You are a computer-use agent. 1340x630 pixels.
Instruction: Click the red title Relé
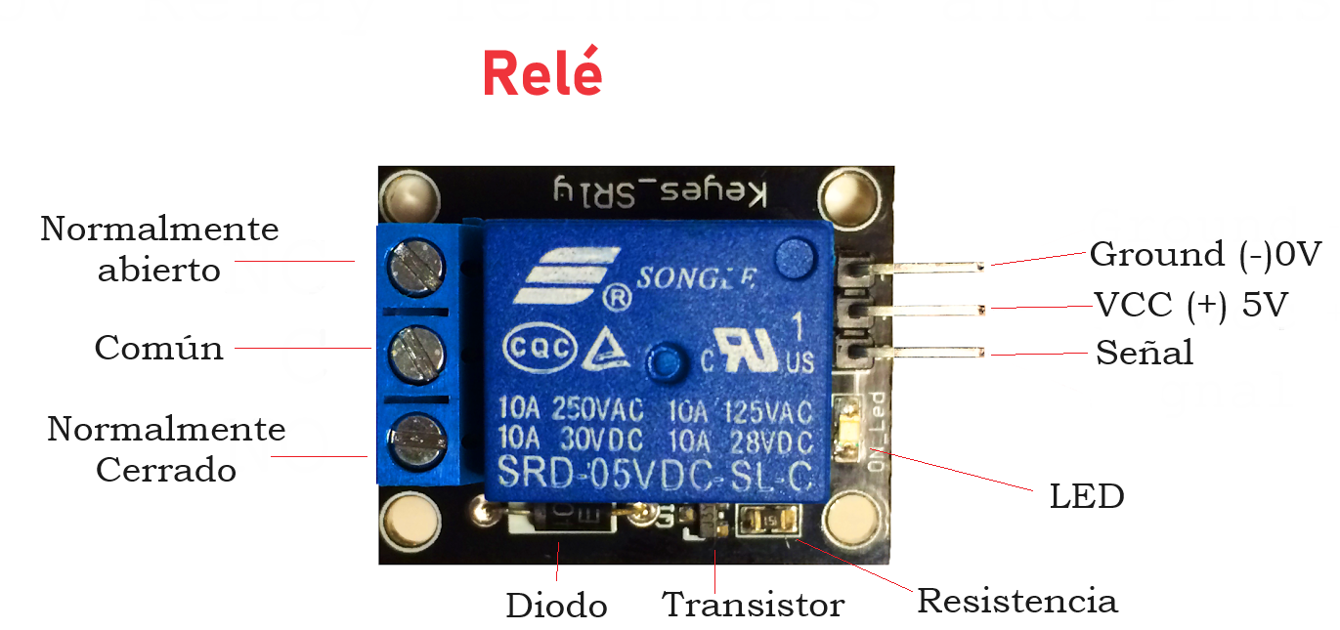point(542,73)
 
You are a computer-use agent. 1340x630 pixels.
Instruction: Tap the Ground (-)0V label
point(1205,255)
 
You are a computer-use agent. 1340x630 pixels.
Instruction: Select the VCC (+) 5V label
point(1191,306)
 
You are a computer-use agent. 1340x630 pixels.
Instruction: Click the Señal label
point(1145,352)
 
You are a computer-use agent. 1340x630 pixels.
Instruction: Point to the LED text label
point(1087,496)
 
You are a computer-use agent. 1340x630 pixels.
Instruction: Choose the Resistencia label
point(1016,601)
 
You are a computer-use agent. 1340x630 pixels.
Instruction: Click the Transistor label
point(753,605)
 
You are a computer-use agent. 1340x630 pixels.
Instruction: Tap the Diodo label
point(556,606)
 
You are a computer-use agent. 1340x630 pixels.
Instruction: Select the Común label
point(159,348)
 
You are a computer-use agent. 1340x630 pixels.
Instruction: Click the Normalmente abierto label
point(159,249)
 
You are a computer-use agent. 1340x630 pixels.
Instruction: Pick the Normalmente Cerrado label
point(166,449)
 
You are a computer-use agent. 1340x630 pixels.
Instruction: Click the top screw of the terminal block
point(417,263)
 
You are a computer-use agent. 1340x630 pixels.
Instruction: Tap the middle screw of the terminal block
point(417,348)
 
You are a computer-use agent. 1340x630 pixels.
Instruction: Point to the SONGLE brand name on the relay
point(696,278)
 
